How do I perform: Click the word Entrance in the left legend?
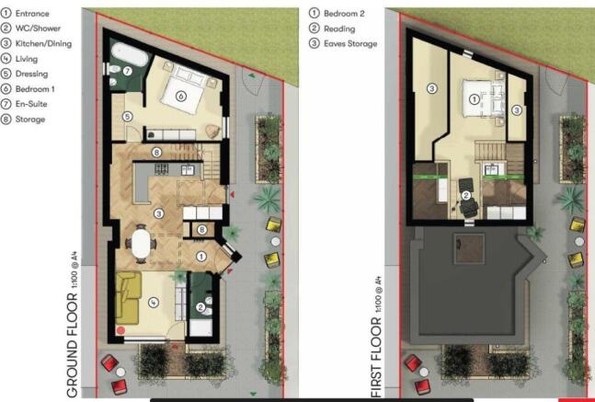[x=35, y=14]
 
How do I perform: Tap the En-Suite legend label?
[x=34, y=104]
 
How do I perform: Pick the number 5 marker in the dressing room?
[x=130, y=116]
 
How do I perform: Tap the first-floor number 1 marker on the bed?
[x=475, y=98]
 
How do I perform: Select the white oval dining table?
[x=142, y=244]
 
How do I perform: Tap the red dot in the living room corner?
[x=120, y=329]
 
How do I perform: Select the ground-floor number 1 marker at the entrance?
[x=201, y=257]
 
